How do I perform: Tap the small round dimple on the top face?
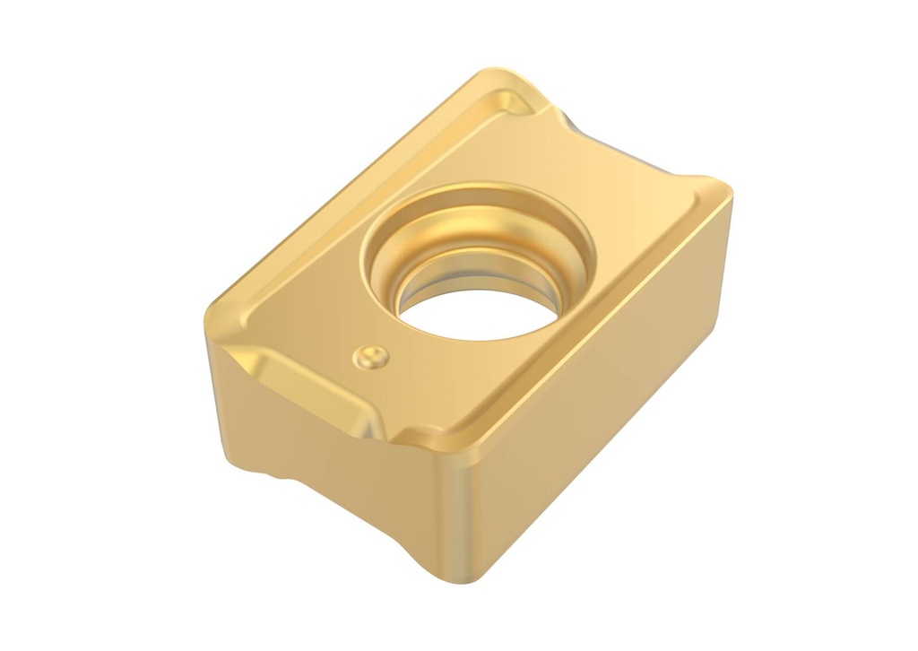370,357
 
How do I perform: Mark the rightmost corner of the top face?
728,192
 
